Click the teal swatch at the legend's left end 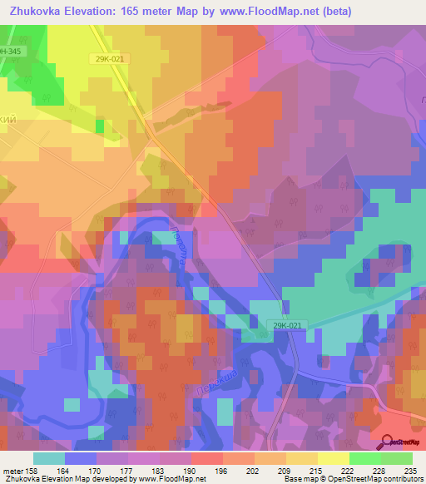(49, 457)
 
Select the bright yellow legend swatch (333, 457)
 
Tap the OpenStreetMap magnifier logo (387, 442)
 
